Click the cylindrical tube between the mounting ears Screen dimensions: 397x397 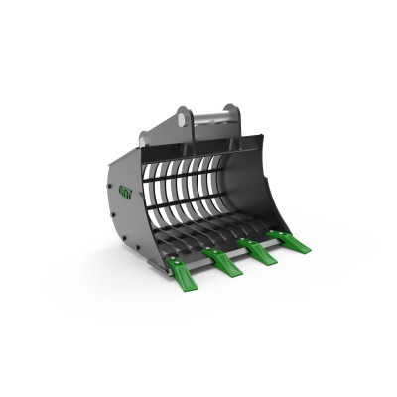coord(208,117)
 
